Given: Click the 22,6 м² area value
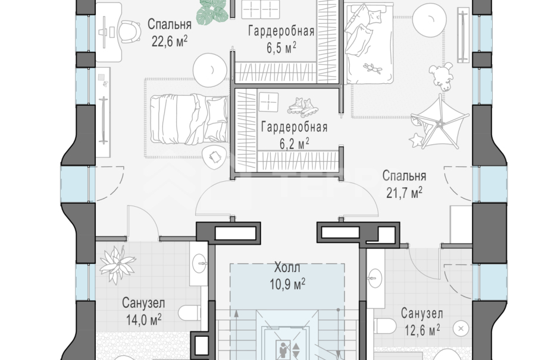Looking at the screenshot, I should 169,40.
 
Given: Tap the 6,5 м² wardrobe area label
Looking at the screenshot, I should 281,46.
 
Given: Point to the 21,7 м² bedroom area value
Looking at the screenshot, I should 404,191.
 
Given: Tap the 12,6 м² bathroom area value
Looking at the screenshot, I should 420,328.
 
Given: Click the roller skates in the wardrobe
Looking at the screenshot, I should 303,106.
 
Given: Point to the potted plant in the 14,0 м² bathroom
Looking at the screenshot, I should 117,263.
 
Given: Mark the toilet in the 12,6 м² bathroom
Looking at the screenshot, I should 386,326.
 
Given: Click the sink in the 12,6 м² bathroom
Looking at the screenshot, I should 375,274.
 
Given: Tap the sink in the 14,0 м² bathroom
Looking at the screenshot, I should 201,260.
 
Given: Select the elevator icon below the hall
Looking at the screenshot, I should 287,348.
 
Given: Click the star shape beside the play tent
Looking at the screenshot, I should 415,140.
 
